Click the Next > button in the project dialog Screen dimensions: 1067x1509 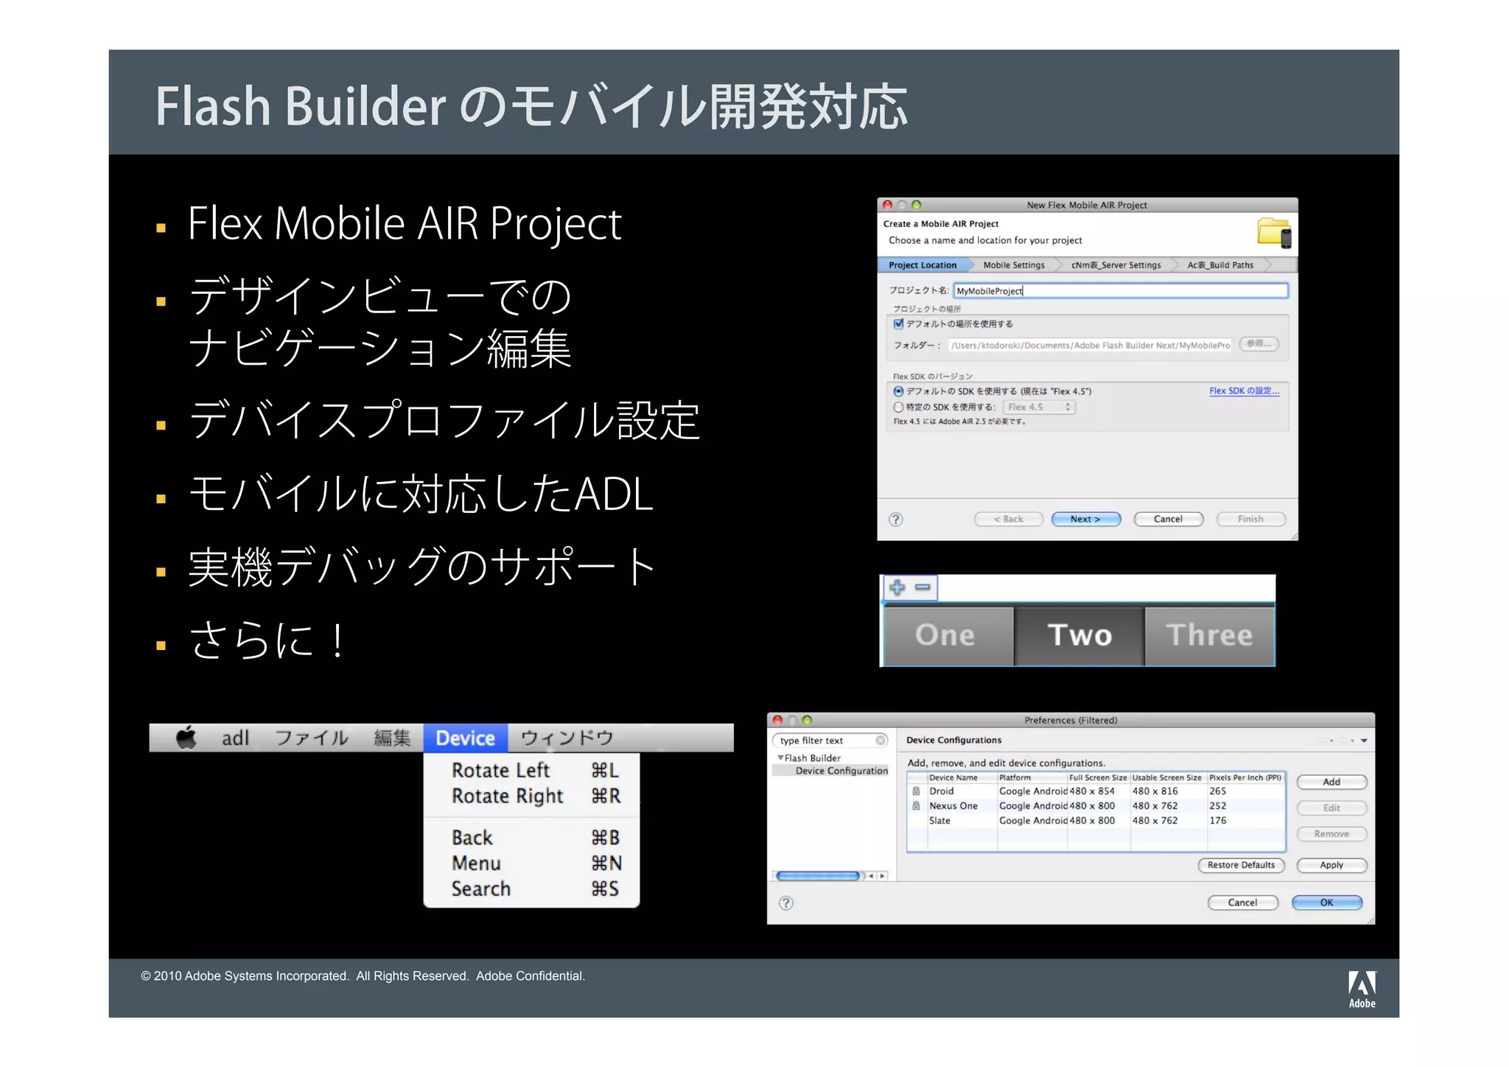pyautogui.click(x=1085, y=519)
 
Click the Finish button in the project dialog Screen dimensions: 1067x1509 pyautogui.click(x=1250, y=519)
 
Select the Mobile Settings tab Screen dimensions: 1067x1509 pyautogui.click(x=1013, y=265)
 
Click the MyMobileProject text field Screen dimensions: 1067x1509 pyautogui.click(x=1120, y=291)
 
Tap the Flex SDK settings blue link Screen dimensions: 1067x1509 pyautogui.click(x=1244, y=391)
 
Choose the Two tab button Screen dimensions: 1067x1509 pyautogui.click(x=1079, y=635)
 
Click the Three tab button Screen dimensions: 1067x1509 pyautogui.click(x=1209, y=635)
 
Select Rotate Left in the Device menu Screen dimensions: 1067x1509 pyautogui.click(x=501, y=771)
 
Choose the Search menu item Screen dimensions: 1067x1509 pyautogui.click(x=481, y=889)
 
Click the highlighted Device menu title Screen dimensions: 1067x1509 pyautogui.click(x=465, y=738)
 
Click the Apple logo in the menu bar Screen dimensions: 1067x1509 pyautogui.click(x=186, y=738)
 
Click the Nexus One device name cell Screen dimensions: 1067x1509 pyautogui.click(x=953, y=806)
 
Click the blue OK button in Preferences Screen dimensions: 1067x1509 pyautogui.click(x=1326, y=903)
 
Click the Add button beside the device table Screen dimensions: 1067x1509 pyautogui.click(x=1331, y=783)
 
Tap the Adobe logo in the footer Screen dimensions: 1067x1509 pyautogui.click(x=1362, y=989)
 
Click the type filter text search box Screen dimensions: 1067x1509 pyautogui.click(x=825, y=741)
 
